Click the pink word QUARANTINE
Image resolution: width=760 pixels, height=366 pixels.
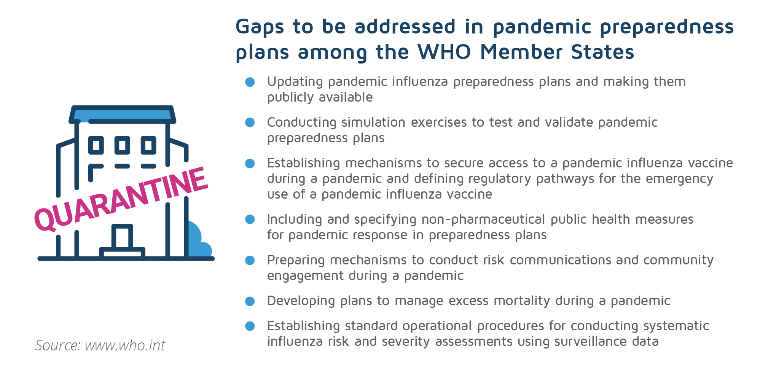coord(121,199)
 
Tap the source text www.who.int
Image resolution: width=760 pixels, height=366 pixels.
coord(125,345)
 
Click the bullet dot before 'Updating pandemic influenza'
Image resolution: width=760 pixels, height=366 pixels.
coord(250,82)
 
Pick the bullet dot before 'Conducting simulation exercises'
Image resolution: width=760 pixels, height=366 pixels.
coord(250,123)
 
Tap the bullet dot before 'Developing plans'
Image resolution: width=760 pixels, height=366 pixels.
coord(250,301)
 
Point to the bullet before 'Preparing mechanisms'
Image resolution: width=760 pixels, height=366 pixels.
coord(250,260)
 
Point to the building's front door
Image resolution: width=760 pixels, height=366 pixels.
coord(122,237)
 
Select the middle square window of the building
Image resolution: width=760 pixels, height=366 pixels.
coord(122,145)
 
